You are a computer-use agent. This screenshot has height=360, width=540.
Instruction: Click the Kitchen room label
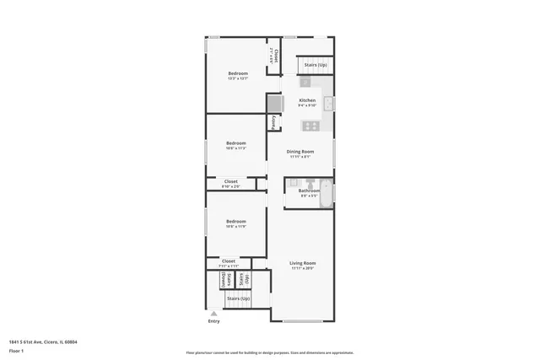(x=307, y=100)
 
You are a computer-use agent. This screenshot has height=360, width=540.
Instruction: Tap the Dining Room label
(x=300, y=151)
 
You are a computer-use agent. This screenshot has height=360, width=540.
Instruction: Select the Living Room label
(x=302, y=263)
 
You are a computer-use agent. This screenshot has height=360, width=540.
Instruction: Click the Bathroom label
(x=309, y=191)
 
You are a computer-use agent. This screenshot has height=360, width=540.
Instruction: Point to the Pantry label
(x=275, y=122)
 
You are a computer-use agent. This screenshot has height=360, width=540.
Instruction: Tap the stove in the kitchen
(x=310, y=126)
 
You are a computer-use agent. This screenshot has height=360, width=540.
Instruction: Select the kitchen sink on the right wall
(x=330, y=105)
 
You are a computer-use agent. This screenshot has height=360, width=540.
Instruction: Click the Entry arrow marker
(x=213, y=313)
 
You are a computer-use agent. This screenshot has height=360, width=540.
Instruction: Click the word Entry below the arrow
(x=213, y=321)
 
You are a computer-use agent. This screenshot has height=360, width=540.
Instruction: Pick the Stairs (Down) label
(x=224, y=280)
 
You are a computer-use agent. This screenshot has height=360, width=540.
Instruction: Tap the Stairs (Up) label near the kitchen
(x=316, y=65)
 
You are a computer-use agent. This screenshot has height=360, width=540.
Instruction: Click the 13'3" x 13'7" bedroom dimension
(x=238, y=78)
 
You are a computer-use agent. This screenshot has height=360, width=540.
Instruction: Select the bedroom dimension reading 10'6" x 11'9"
(x=235, y=226)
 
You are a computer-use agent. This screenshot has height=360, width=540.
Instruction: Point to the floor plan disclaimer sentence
(x=269, y=352)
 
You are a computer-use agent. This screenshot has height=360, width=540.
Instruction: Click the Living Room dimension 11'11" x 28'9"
(x=302, y=268)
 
